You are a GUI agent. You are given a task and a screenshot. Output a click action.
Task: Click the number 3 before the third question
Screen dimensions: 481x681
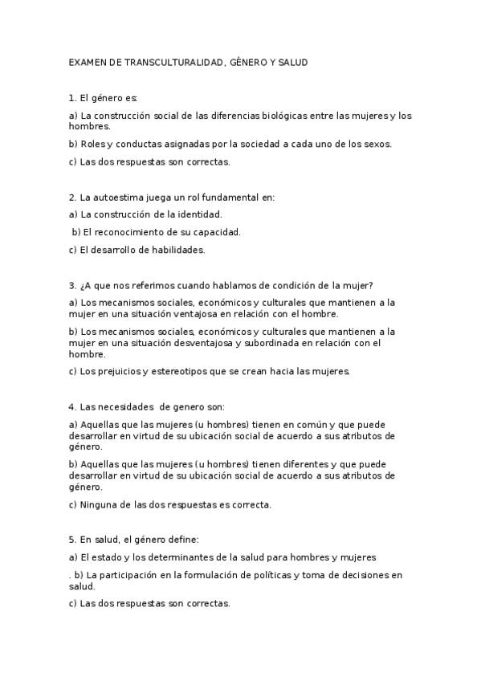71,285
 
